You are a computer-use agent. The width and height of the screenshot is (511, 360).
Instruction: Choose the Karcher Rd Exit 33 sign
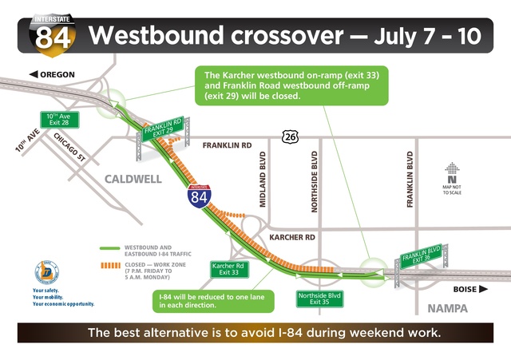(x=230, y=269)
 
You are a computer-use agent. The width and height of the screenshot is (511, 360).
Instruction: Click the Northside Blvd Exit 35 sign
(x=319, y=298)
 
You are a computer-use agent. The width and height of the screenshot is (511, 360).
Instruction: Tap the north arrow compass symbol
(x=454, y=170)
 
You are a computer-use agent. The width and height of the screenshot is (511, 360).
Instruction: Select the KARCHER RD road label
(x=292, y=238)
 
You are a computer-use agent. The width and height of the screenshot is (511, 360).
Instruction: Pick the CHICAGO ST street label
(x=71, y=148)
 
